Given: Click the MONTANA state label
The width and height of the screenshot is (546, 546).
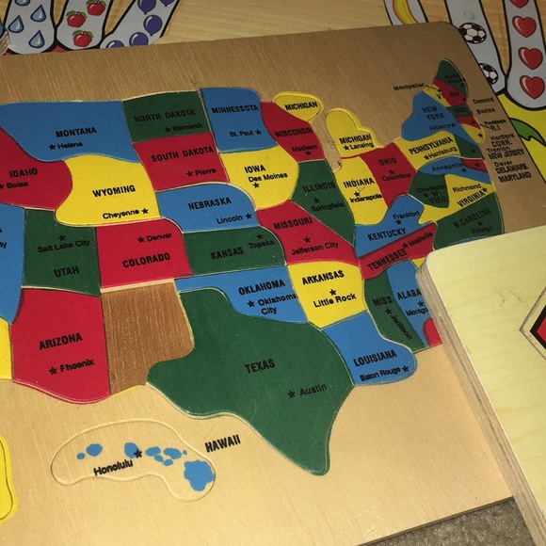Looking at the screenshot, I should pos(75,133).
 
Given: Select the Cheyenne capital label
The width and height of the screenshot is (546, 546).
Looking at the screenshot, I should pos(121,214).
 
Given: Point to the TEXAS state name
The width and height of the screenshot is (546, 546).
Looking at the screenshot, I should pos(259,367).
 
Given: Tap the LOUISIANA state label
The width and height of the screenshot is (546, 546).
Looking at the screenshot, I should pos(374,357).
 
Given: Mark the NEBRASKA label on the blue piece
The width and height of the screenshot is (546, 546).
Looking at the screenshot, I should pos(209,202).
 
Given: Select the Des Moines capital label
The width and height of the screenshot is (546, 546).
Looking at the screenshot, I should pos(268,177).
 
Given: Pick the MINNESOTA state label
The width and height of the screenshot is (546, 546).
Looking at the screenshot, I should pos(234,109).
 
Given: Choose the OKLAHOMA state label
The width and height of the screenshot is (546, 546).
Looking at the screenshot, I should pos(261,284).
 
